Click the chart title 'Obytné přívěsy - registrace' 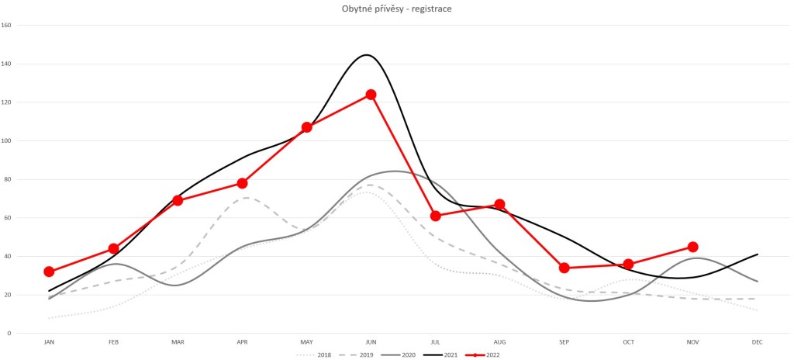pyautogui.click(x=397, y=9)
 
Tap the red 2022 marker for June pyautogui.click(x=371, y=95)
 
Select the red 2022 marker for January pyautogui.click(x=49, y=272)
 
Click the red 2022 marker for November pyautogui.click(x=692, y=247)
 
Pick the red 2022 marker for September pyautogui.click(x=564, y=268)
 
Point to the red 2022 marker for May pyautogui.click(x=306, y=127)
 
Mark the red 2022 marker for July pyautogui.click(x=435, y=216)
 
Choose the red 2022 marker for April pyautogui.click(x=242, y=183)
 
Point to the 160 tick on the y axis pyautogui.click(x=6, y=25)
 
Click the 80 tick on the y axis pyautogui.click(x=8, y=179)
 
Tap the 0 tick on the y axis pyautogui.click(x=9, y=334)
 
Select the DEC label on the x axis pyautogui.click(x=757, y=341)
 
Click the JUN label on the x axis pyautogui.click(x=371, y=341)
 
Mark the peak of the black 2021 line pyautogui.click(x=366, y=55)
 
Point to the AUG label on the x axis pyautogui.click(x=499, y=341)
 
